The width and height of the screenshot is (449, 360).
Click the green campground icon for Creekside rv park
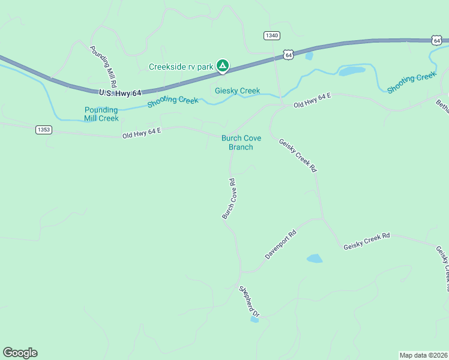(x=223, y=65)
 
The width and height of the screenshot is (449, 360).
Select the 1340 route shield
(x=271, y=35)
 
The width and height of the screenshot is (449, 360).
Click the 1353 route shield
(x=43, y=130)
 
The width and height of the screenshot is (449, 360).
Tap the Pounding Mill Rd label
(x=103, y=67)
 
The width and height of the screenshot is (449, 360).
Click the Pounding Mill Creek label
(x=101, y=114)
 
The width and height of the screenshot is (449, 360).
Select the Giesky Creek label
(x=238, y=91)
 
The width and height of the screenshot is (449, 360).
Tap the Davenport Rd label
(x=281, y=245)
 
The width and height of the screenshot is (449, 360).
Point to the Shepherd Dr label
(x=249, y=301)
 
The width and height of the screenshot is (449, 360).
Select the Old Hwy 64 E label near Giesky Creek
(x=312, y=100)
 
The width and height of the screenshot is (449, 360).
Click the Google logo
(x=20, y=353)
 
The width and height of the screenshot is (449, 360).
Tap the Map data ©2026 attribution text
(x=424, y=355)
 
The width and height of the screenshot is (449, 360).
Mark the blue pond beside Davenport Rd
(x=315, y=259)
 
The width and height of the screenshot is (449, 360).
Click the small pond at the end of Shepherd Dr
(x=255, y=320)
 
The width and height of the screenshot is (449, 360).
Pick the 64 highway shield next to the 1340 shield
(x=289, y=55)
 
